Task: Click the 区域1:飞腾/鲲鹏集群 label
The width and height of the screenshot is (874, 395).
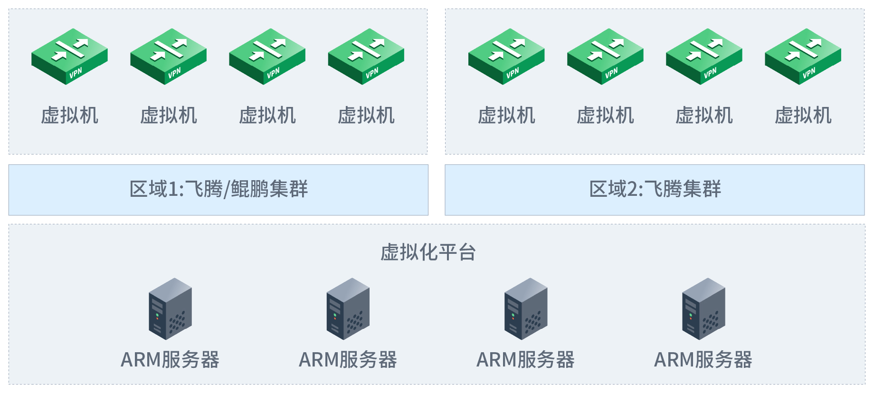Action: pyautogui.click(x=218, y=189)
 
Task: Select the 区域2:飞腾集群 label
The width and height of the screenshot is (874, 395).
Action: pyautogui.click(x=655, y=189)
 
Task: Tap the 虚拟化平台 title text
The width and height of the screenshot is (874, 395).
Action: pyautogui.click(x=428, y=252)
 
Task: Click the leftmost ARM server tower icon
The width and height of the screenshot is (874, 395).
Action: pyautogui.click(x=170, y=309)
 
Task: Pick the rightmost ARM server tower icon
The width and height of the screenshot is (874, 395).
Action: pyautogui.click(x=703, y=309)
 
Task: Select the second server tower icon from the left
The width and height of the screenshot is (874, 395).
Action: pyautogui.click(x=348, y=309)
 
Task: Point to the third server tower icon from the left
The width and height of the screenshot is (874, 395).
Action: pyautogui.click(x=526, y=309)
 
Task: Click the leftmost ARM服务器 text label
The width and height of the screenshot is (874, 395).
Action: pyautogui.click(x=170, y=360)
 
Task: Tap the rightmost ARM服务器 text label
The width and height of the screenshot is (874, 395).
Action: pyautogui.click(x=703, y=360)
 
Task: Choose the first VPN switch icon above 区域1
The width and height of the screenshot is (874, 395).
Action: pyautogui.click(x=69, y=57)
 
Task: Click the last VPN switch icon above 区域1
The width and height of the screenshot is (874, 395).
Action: pyautogui.click(x=366, y=57)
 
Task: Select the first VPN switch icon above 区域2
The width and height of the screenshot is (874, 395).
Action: pyautogui.click(x=506, y=57)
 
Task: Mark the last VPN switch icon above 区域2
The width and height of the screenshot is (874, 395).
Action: pyautogui.click(x=803, y=57)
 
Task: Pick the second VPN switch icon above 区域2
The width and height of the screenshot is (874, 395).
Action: pyautogui.click(x=605, y=57)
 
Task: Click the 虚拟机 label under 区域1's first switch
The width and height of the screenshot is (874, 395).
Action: pyautogui.click(x=69, y=116)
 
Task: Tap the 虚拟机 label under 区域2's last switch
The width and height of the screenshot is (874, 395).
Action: pyautogui.click(x=803, y=116)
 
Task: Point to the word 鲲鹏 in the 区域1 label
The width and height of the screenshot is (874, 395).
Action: pyautogui.click(x=250, y=189)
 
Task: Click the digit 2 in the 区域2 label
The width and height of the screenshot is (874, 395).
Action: pyautogui.click(x=633, y=190)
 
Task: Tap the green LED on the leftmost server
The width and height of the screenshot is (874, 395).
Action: pyautogui.click(x=157, y=315)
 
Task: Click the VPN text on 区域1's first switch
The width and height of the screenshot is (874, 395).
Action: pyautogui.click(x=76, y=73)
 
